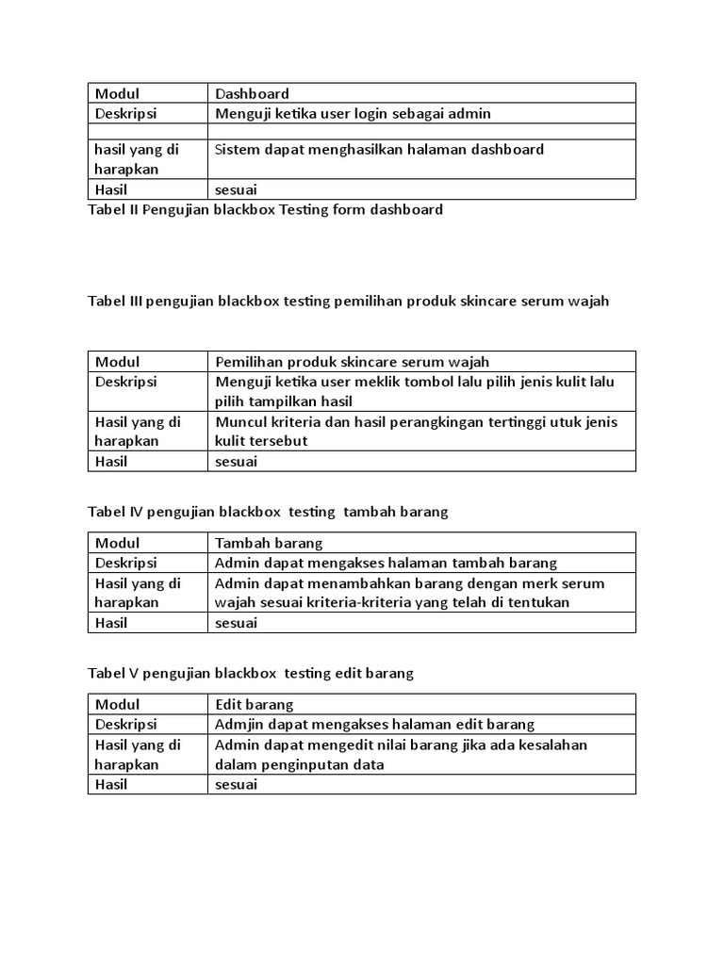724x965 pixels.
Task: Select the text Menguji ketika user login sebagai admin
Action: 353,113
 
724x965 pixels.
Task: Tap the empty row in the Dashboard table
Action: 362,131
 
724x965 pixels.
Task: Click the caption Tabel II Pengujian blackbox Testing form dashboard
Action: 265,209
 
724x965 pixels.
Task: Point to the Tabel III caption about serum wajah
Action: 349,302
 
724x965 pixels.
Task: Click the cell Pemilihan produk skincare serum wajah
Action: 352,362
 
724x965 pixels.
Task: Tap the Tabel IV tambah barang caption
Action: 268,512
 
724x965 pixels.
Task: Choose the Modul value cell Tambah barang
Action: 269,543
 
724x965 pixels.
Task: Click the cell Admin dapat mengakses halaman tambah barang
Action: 386,563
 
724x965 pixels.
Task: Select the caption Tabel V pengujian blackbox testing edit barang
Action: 251,673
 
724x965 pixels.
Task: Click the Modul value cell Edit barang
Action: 255,704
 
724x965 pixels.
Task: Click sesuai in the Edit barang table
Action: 236,784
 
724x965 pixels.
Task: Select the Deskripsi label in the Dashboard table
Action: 125,113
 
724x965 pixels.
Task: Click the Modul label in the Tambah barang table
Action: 117,543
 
